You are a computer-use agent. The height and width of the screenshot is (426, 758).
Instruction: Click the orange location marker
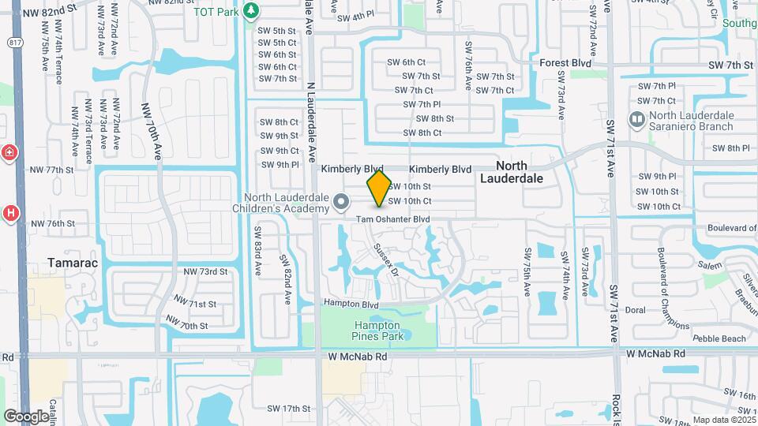(x=379, y=189)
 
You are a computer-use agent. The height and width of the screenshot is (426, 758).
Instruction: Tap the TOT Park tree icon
(x=251, y=11)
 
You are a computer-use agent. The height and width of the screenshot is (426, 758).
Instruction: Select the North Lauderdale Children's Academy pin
(x=341, y=203)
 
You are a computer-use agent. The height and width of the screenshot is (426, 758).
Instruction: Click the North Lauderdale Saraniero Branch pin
(x=636, y=120)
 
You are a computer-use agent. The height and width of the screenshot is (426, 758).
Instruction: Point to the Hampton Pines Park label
(x=377, y=331)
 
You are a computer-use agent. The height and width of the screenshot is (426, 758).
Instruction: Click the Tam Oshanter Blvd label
(x=392, y=219)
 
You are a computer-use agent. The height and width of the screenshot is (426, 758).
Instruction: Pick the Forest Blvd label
(x=565, y=62)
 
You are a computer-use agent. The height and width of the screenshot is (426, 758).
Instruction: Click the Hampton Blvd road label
(x=348, y=302)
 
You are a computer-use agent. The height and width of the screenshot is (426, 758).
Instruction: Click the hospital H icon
(x=10, y=212)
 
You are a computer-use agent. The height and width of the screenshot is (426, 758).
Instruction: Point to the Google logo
(x=25, y=416)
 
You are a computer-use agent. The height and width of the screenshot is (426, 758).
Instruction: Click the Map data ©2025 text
(x=722, y=420)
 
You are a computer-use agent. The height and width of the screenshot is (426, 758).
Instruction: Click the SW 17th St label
(x=288, y=409)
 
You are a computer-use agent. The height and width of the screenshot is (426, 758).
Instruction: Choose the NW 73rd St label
(x=205, y=271)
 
